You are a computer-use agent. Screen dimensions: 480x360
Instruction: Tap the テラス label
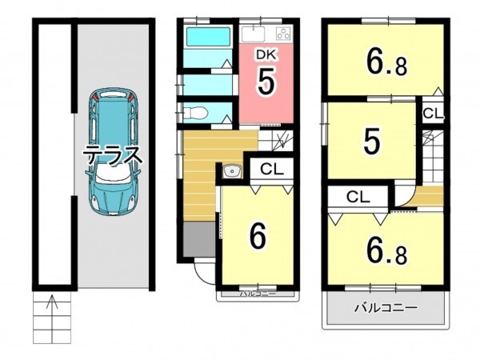114,155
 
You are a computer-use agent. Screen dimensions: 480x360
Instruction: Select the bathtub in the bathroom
208,37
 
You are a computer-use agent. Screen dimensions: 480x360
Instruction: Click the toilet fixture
196,112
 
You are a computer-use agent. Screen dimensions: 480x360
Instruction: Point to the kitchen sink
253,34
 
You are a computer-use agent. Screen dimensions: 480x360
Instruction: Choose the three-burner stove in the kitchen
283,34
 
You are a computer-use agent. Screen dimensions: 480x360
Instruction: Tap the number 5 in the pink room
266,82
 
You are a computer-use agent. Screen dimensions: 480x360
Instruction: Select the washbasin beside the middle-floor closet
231,171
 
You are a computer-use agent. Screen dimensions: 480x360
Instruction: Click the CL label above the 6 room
271,169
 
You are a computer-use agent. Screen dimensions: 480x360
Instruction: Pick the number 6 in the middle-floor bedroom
258,236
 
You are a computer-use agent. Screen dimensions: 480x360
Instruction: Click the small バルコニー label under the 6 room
258,294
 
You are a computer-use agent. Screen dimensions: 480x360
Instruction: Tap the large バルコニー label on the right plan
386,307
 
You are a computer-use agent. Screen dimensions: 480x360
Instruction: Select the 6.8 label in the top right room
387,64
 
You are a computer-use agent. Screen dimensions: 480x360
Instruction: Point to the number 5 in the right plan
371,142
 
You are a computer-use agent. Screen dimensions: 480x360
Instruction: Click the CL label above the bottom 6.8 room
358,197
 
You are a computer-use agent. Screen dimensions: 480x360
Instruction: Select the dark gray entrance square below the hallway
199,239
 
